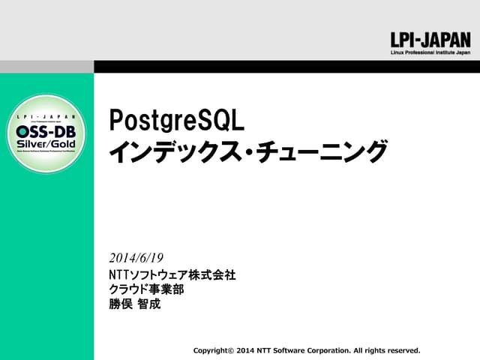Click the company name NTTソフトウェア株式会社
coord(172,275)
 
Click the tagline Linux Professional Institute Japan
coord(430,54)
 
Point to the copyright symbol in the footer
coord(230,350)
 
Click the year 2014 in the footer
coord(245,350)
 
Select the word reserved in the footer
coord(402,350)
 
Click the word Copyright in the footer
coord(210,350)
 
